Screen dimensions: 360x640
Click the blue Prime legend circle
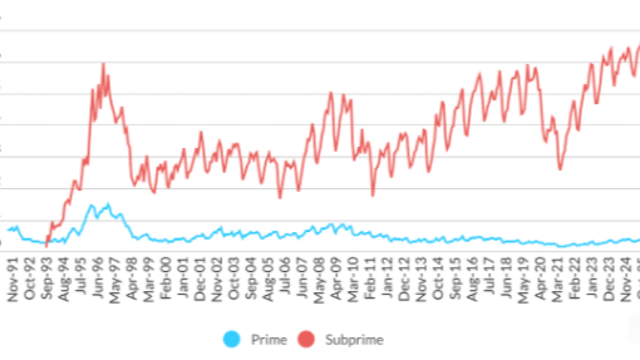232,340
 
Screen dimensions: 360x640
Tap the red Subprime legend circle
306,340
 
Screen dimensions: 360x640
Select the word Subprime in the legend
354,340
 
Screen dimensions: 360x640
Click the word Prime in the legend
269,340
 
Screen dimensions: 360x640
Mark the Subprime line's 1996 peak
103,64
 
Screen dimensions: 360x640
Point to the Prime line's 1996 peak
108,204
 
